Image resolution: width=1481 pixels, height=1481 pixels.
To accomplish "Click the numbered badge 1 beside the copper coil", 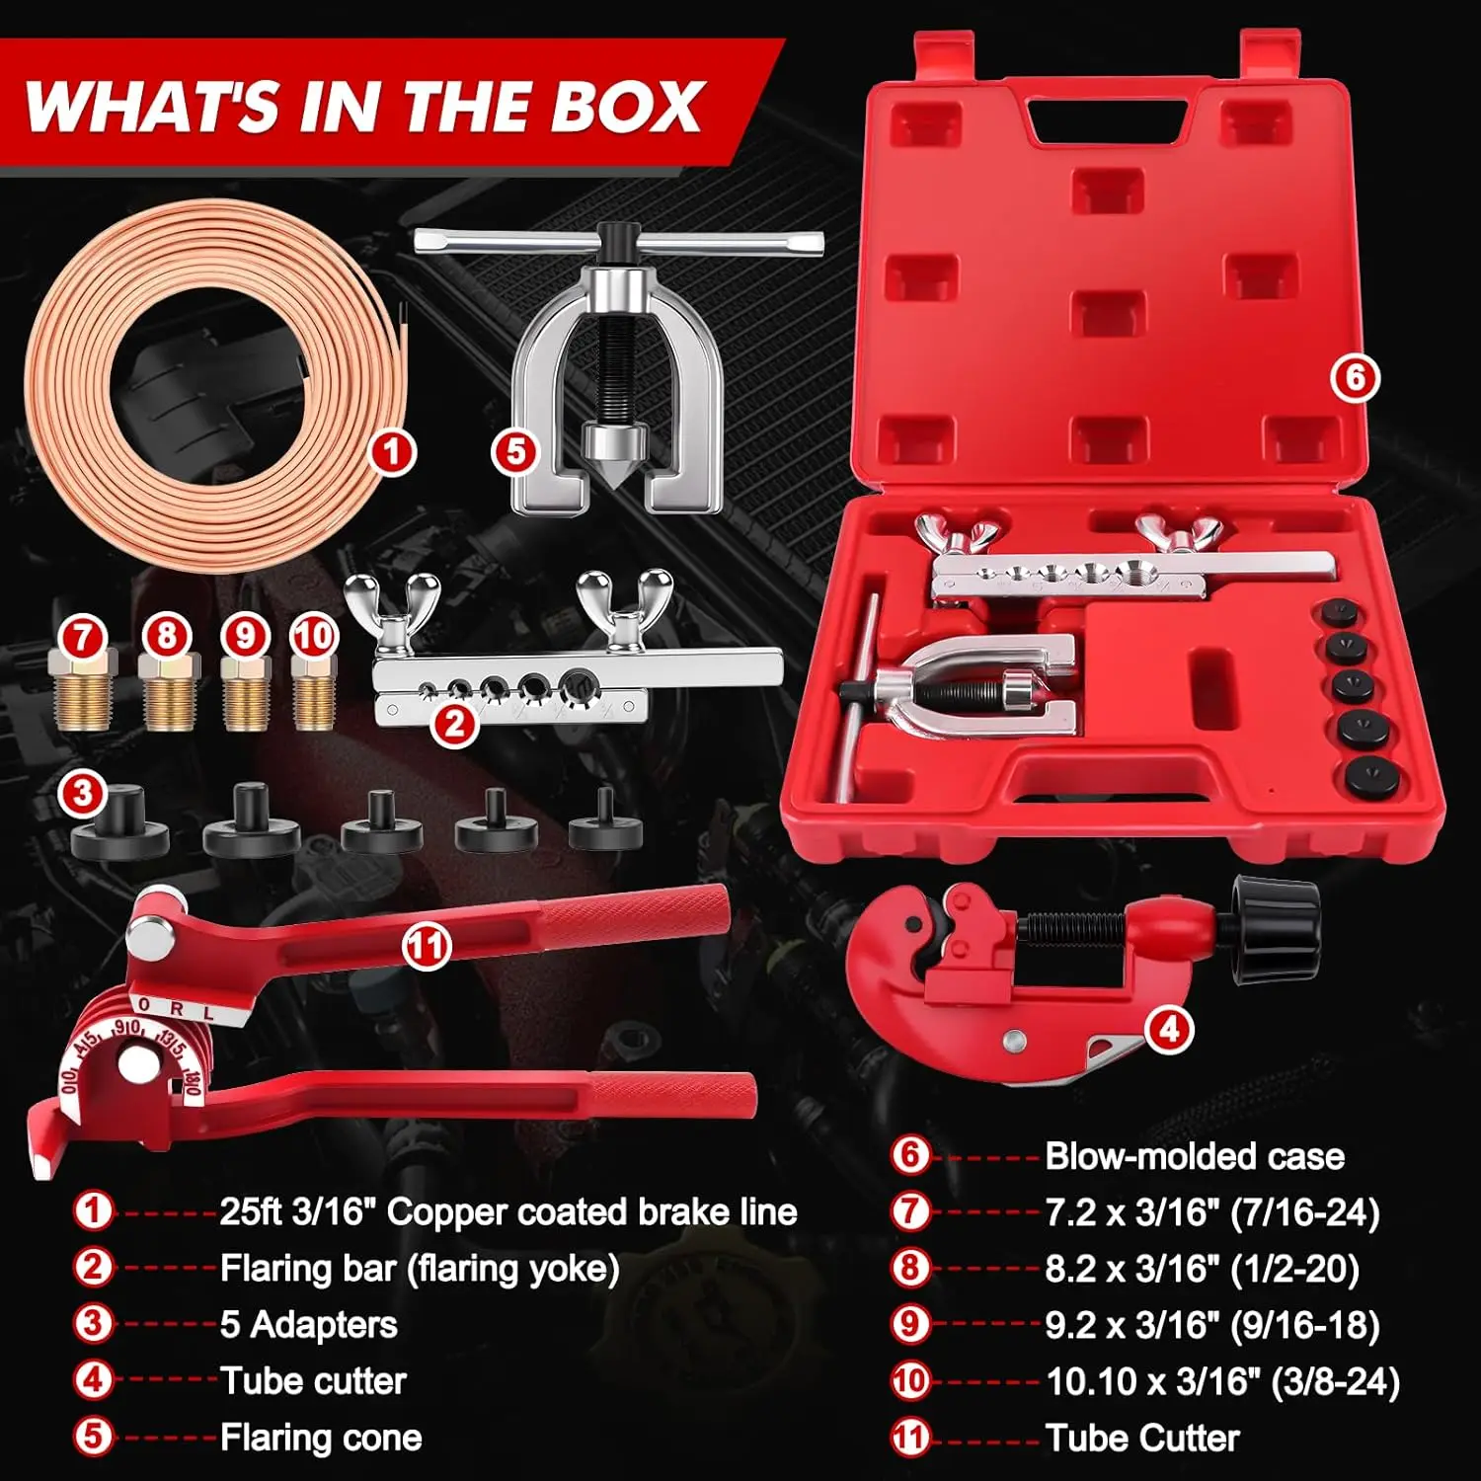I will click(392, 452).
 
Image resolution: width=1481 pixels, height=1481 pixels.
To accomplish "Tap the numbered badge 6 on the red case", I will click(1355, 377).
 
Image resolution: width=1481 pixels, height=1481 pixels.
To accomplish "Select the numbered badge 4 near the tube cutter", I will click(1169, 1030).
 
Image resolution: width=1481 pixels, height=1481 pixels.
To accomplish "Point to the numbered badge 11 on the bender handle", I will click(427, 946).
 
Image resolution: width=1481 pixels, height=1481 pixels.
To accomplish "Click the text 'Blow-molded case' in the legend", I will click(1195, 1156).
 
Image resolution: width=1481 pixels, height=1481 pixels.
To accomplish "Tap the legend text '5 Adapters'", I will click(308, 1325).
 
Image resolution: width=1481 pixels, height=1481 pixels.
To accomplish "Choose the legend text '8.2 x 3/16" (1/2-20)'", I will click(1203, 1269).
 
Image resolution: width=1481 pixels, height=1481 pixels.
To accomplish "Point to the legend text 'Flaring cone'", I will click(321, 1438).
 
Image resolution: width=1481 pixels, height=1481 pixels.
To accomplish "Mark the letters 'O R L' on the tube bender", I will click(176, 1010).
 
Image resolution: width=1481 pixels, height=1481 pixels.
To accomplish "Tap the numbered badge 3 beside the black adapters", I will click(83, 793).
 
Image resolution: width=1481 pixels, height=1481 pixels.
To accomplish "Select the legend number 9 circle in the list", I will click(910, 1324).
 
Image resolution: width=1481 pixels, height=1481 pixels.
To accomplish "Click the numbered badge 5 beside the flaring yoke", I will click(515, 452).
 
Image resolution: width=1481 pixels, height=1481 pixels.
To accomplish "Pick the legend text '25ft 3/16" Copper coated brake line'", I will click(507, 1212).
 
